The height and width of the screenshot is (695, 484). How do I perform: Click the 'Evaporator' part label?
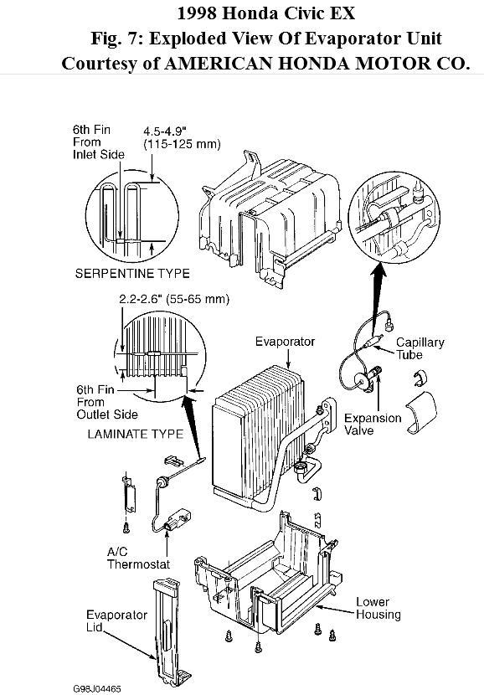(286, 342)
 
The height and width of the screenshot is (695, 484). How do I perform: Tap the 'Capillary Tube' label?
(420, 348)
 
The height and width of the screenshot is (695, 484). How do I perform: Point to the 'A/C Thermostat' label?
(138, 558)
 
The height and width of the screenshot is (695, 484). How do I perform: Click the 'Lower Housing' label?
(378, 608)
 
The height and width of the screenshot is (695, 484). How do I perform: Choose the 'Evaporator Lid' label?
(106, 620)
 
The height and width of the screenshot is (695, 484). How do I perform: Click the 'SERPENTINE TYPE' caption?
(132, 273)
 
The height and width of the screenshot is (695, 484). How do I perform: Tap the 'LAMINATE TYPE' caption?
(123, 434)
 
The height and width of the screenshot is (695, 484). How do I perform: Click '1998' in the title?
(203, 13)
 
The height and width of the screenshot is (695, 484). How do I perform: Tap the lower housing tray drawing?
(268, 578)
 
